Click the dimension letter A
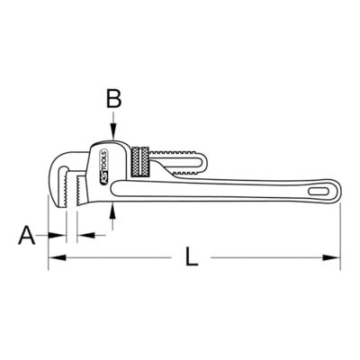pos(26,236)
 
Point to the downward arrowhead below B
pos(113,136)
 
